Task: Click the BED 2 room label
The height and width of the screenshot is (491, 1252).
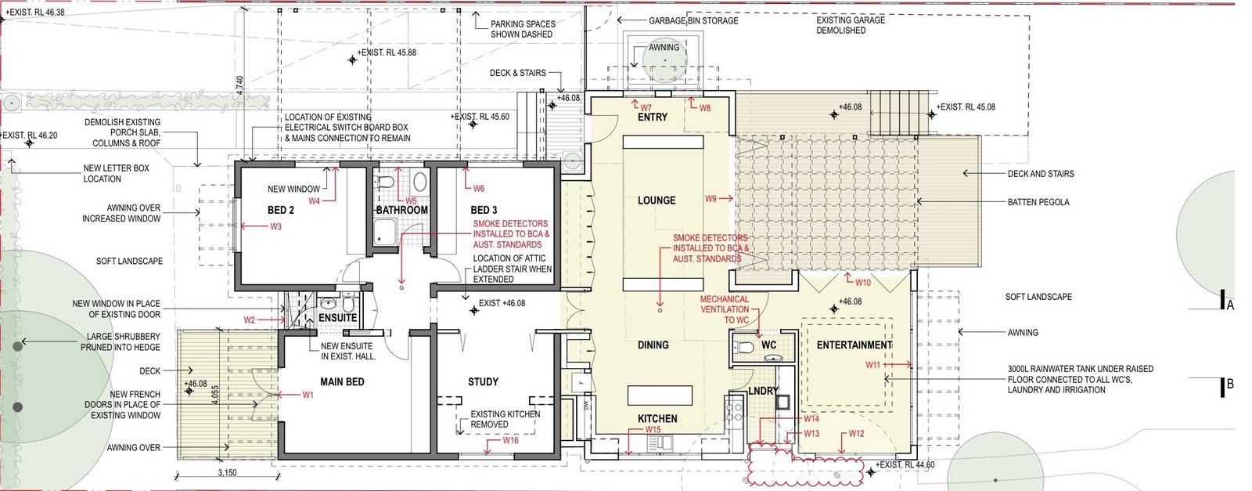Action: pyautogui.click(x=281, y=210)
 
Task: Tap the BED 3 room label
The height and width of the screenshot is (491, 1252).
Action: pyautogui.click(x=484, y=210)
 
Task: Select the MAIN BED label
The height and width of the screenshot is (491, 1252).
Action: pyautogui.click(x=342, y=382)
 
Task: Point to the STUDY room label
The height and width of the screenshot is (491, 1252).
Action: pyautogui.click(x=483, y=381)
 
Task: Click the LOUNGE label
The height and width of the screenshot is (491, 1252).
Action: pyautogui.click(x=657, y=200)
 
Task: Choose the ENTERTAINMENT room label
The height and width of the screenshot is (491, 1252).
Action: pyautogui.click(x=854, y=345)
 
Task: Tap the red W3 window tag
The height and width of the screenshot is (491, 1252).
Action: pyautogui.click(x=275, y=227)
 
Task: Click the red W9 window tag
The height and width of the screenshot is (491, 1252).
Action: pyautogui.click(x=711, y=199)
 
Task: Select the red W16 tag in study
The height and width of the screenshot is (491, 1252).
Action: pyautogui.click(x=510, y=441)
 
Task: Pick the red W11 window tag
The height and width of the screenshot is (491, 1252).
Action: pyautogui.click(x=872, y=365)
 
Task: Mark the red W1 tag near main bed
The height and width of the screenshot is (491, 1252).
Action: pyautogui.click(x=308, y=395)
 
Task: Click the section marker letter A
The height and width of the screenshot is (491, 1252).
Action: pyautogui.click(x=1230, y=305)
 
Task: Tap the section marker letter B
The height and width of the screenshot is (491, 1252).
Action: pyautogui.click(x=1230, y=384)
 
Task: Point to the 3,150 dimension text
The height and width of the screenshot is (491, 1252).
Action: pyautogui.click(x=226, y=473)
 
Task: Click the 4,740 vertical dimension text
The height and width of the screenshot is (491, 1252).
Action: pyautogui.click(x=240, y=85)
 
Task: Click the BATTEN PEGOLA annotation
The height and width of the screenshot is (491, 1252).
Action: pyautogui.click(x=1038, y=202)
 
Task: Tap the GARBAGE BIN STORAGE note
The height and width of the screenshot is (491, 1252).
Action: pyautogui.click(x=693, y=20)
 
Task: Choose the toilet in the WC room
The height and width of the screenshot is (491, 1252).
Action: pyautogui.click(x=744, y=346)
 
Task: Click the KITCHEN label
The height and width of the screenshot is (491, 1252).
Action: pyautogui.click(x=657, y=419)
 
